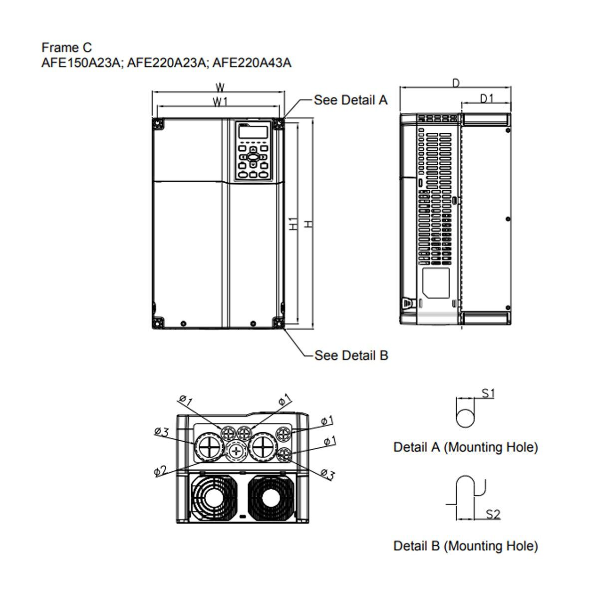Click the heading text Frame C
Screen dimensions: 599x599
click(x=66, y=47)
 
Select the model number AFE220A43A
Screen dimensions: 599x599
click(x=252, y=62)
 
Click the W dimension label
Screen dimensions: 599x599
click(x=220, y=87)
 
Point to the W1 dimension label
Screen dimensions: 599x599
click(x=220, y=102)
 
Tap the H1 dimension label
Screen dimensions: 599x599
click(x=294, y=224)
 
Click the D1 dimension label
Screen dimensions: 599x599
click(x=486, y=98)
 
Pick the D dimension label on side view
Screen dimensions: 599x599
click(x=455, y=83)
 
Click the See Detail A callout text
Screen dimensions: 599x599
click(x=350, y=100)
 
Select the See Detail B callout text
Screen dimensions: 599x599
click(x=351, y=355)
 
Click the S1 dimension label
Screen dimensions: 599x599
click(x=488, y=393)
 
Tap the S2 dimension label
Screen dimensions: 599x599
click(x=493, y=514)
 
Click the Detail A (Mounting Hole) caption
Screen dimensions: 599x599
click(x=465, y=447)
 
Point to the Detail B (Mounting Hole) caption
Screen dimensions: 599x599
click(x=465, y=546)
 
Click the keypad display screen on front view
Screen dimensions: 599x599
click(x=253, y=132)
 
